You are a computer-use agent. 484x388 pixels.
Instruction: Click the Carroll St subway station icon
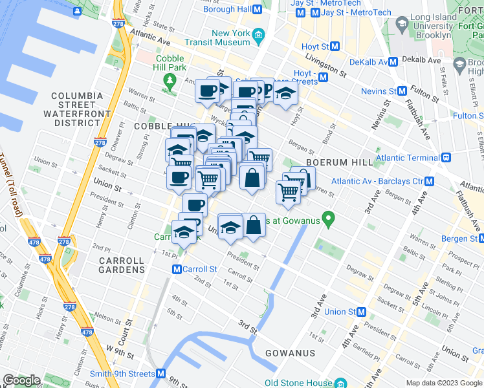(176, 269)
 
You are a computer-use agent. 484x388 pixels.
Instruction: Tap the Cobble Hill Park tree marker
(170, 81)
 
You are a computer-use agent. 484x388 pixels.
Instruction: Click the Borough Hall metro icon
(258, 10)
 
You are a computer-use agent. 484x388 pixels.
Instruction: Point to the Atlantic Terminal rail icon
(446, 157)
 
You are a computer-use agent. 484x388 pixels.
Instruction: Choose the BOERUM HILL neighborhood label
(340, 162)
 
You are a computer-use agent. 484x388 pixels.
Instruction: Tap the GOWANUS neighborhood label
(289, 353)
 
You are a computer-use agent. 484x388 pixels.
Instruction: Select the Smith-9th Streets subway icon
(161, 374)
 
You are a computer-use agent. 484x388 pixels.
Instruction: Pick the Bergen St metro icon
(479, 239)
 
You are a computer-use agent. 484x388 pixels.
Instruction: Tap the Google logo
(22, 380)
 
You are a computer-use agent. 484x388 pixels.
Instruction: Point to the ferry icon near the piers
(76, 11)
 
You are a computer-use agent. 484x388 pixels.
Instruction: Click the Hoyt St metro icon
(335, 47)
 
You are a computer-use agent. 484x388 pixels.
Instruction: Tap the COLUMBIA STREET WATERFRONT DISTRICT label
(78, 109)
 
